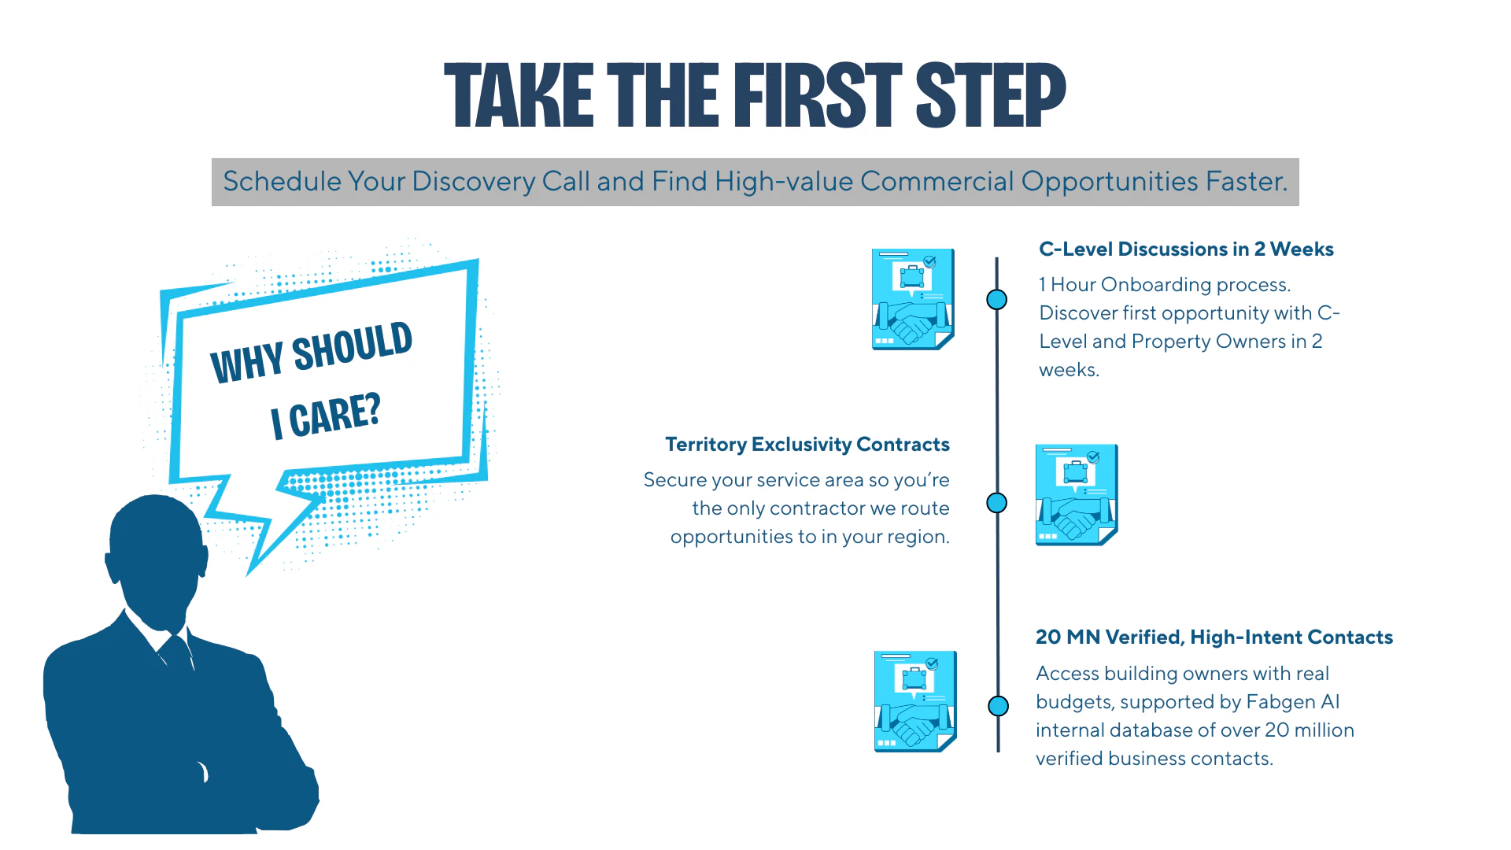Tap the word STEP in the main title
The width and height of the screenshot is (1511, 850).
[x=991, y=95]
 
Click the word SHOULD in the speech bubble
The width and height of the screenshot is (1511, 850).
[x=353, y=346]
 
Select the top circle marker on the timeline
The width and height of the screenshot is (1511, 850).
[x=997, y=300]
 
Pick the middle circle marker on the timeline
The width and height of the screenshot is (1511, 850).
[x=997, y=503]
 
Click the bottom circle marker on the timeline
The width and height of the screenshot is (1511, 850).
[x=999, y=706]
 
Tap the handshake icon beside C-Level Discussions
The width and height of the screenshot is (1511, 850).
[x=913, y=299]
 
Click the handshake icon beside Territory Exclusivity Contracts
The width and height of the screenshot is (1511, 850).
[x=1077, y=494]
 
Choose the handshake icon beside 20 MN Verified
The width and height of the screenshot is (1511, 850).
[x=915, y=701]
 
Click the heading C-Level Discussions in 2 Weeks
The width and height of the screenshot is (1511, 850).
[x=1186, y=249]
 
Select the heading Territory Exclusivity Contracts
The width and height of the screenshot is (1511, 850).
[x=807, y=445]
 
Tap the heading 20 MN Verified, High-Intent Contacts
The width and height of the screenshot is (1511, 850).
[x=1214, y=637]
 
